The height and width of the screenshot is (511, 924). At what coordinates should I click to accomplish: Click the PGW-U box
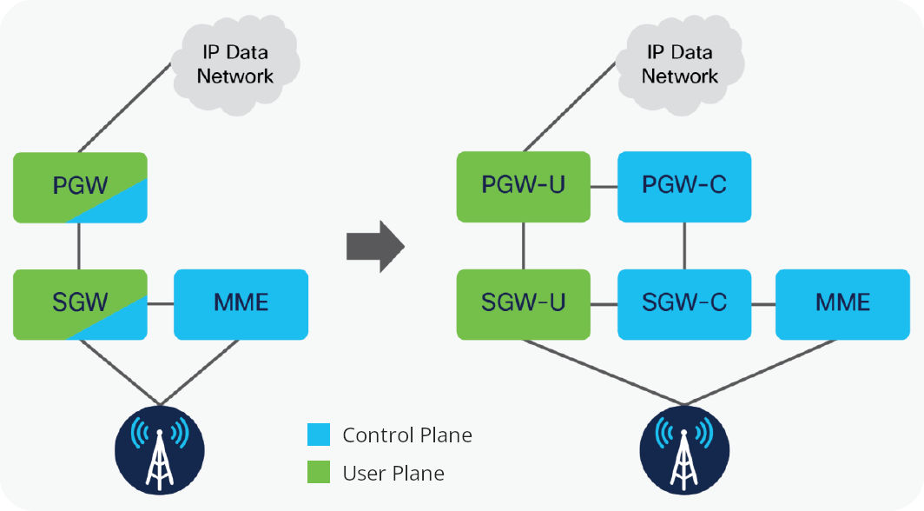524,186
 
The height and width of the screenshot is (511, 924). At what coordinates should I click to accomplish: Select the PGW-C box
683,186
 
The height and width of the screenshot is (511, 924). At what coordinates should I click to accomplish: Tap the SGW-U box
524,303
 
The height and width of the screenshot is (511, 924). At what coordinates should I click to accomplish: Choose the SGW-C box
683,303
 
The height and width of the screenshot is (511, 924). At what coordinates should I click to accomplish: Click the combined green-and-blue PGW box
80,186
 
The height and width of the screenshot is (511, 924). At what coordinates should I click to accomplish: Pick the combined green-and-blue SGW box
80,303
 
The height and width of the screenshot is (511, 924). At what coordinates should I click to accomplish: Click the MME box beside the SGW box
241,303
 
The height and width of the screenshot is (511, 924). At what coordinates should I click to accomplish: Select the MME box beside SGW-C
842,303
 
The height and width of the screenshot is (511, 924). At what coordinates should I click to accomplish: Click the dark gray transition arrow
375,246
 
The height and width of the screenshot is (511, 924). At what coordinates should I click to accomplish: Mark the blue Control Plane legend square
319,435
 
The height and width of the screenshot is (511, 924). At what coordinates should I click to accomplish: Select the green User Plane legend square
319,473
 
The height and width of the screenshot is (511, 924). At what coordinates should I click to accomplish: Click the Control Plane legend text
407,435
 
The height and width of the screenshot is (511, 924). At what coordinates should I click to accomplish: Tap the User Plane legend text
393,474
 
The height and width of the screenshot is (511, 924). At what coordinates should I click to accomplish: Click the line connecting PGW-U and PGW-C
604,187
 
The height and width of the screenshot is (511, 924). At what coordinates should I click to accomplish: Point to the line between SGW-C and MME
762,304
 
